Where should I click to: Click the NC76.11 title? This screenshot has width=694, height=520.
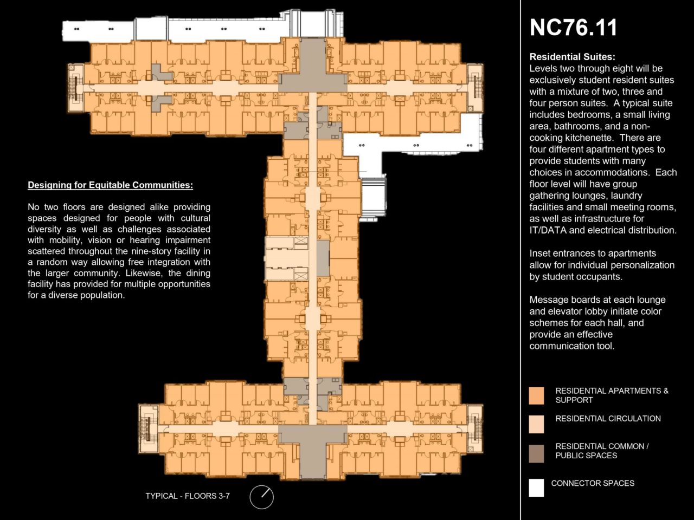pos(573,28)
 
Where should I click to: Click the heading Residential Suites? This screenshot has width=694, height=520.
pos(572,57)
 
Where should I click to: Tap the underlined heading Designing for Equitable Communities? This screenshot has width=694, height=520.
pos(111,185)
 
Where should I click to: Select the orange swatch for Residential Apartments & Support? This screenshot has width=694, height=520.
pos(537,395)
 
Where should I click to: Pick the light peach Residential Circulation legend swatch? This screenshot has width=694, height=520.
pos(537,424)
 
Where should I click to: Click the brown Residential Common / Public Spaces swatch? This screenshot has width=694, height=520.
pos(537,453)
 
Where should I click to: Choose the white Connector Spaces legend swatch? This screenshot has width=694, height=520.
pos(537,488)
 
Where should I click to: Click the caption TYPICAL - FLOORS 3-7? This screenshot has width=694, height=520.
pos(188,496)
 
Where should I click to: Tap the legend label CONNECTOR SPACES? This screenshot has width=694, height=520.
pos(593,483)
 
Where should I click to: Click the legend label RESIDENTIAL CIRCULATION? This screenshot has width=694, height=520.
pos(608,419)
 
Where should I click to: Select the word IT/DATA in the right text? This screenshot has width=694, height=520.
pos(548,230)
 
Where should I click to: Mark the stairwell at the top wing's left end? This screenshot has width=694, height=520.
pos(76,88)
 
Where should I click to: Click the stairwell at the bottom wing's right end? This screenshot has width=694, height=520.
pos(475,428)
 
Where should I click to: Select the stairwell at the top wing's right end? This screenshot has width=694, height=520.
pos(475,88)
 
